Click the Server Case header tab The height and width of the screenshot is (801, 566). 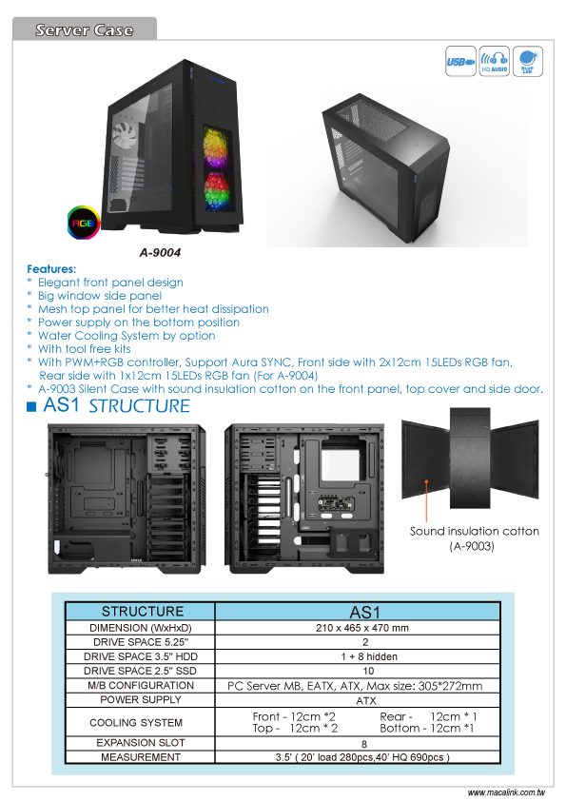[85, 29]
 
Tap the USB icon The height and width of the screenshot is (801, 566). [460, 61]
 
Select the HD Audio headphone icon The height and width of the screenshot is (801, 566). [494, 61]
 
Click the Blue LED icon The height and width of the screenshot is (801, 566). [527, 61]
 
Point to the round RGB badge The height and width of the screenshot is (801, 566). [84, 223]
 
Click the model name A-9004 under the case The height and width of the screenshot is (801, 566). [160, 252]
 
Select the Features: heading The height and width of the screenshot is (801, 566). [51, 268]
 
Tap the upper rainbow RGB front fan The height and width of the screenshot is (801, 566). [216, 148]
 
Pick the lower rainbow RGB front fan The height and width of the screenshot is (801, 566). [217, 191]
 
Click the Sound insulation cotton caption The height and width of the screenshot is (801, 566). [474, 531]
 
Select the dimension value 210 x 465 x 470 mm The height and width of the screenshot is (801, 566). [362, 628]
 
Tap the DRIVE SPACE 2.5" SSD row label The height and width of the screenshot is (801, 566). [141, 671]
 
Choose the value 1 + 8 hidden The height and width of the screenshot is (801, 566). [369, 656]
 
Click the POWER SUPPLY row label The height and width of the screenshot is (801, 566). [141, 699]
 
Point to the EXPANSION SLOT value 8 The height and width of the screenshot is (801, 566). [364, 744]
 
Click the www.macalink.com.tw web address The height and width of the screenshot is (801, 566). [506, 792]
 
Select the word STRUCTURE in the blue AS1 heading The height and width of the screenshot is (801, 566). [140, 406]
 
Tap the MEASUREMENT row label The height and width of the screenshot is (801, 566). [141, 757]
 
